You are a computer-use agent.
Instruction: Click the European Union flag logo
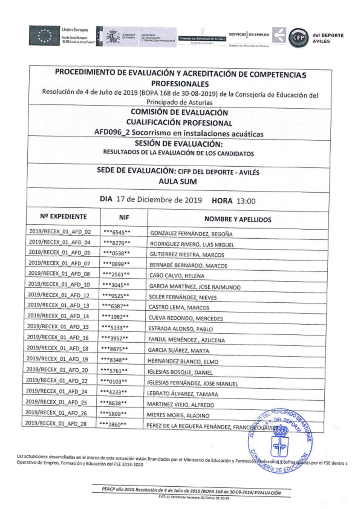click(44, 35)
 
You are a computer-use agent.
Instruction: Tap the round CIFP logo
click(298, 37)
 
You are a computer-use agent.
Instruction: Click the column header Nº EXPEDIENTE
click(63, 216)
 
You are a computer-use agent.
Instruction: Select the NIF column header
click(124, 217)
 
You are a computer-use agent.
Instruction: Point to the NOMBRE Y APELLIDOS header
click(238, 219)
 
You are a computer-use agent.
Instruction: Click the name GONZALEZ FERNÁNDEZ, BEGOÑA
click(191, 234)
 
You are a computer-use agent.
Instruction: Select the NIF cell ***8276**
click(117, 243)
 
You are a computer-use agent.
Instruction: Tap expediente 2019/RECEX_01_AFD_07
click(59, 263)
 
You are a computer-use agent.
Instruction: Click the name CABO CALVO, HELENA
click(177, 276)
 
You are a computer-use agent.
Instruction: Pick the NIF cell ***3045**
click(116, 285)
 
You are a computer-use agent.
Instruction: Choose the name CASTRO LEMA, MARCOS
click(179, 307)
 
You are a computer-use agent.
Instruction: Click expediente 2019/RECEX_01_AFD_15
click(58, 326)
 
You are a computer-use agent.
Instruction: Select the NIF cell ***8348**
click(114, 360)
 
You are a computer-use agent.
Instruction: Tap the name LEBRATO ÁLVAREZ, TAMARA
click(182, 394)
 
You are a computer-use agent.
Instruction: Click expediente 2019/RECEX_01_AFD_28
click(56, 423)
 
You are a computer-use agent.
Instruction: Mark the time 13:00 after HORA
click(246, 201)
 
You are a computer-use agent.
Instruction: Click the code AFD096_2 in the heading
click(112, 132)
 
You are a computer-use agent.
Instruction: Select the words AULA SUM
click(178, 181)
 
